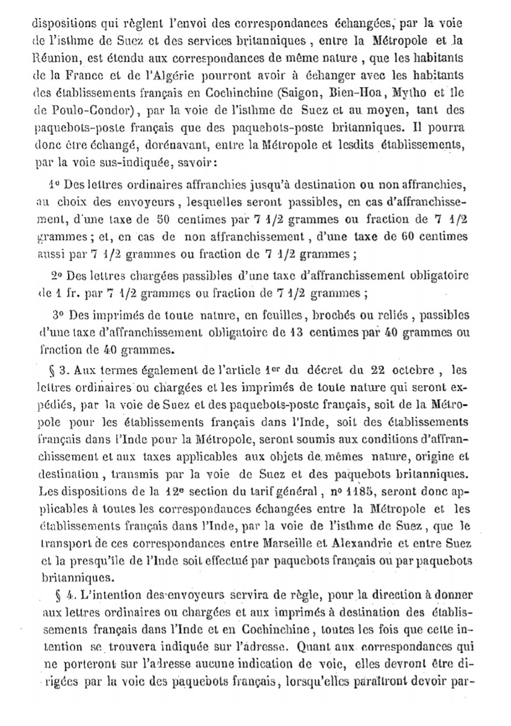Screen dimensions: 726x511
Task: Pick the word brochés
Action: (x=325, y=316)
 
